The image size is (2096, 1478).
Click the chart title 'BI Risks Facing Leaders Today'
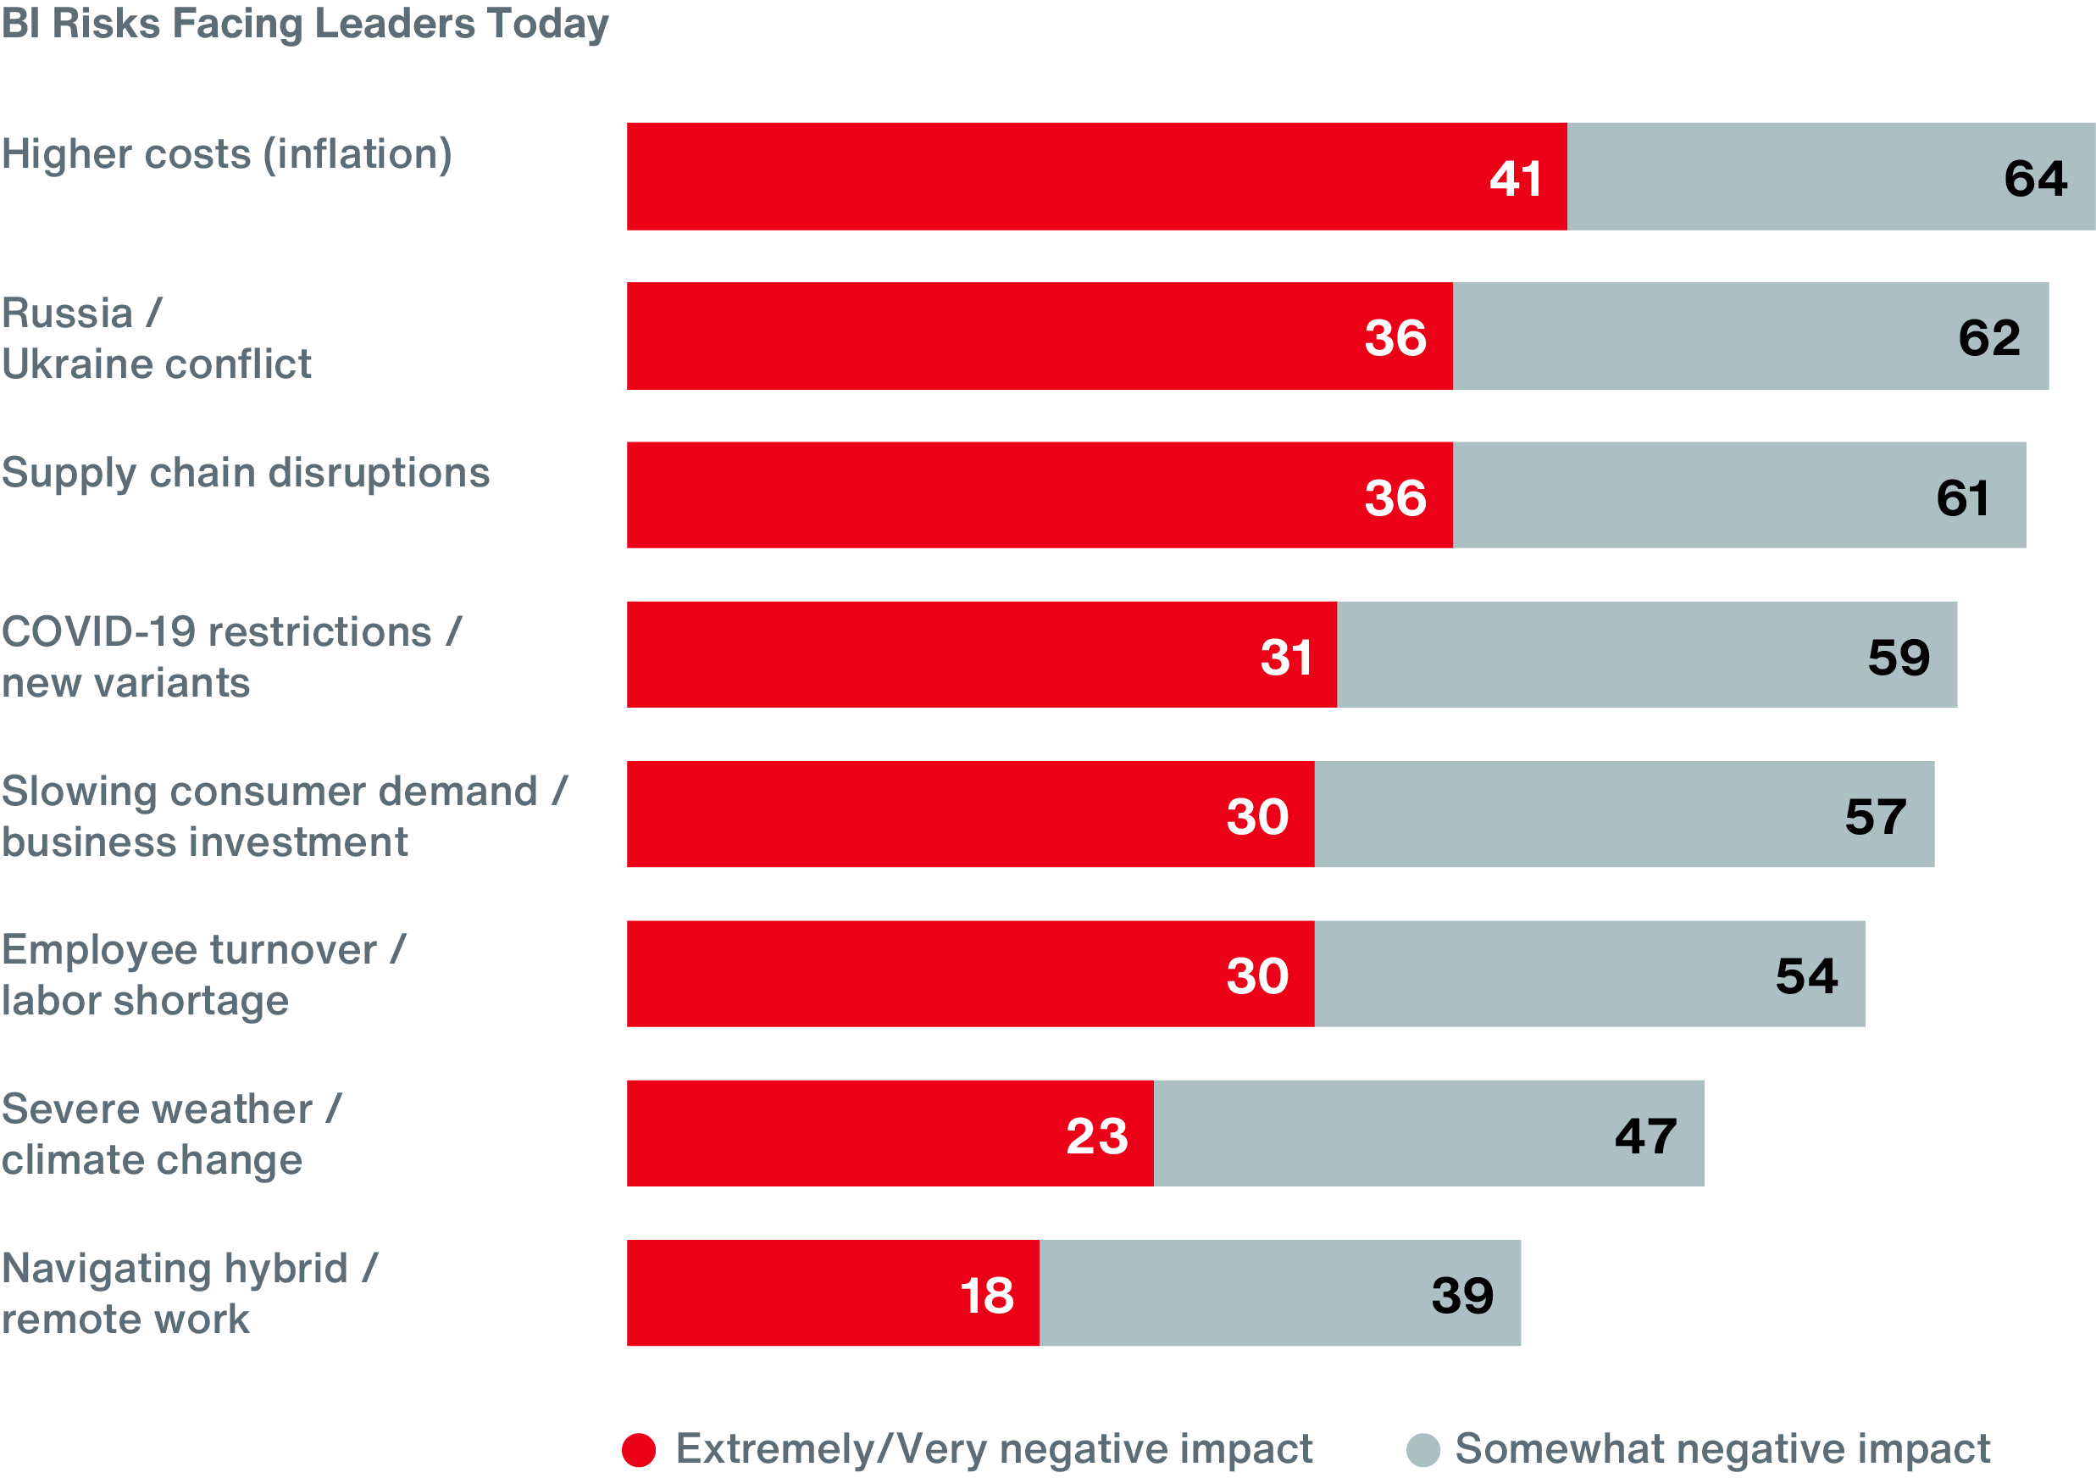pyautogui.click(x=304, y=24)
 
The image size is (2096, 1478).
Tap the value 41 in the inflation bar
pyautogui.click(x=1516, y=178)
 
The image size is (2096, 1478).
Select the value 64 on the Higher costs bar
pyautogui.click(x=2035, y=178)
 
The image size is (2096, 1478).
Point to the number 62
pyautogui.click(x=1988, y=338)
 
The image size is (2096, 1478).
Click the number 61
pyautogui.click(x=1962, y=497)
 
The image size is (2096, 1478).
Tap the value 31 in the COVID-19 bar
pyautogui.click(x=1286, y=658)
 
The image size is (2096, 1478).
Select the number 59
pyautogui.click(x=1898, y=658)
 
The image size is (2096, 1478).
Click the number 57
pyautogui.click(x=1875, y=816)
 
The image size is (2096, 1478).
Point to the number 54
pyautogui.click(x=1805, y=976)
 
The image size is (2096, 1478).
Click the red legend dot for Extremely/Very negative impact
pyautogui.click(x=638, y=1450)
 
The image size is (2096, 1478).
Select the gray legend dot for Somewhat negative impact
pyautogui.click(x=1422, y=1450)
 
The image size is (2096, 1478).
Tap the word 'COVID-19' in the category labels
pyautogui.click(x=98, y=631)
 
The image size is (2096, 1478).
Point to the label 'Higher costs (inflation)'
pyautogui.click(x=226, y=154)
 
